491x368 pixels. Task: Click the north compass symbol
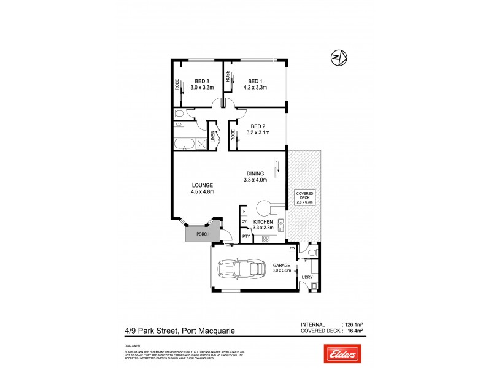338,58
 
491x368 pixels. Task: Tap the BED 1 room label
255,81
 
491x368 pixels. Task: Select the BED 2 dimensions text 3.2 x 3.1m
258,132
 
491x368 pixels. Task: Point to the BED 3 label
203,81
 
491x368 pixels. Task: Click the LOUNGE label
202,185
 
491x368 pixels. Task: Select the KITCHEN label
263,221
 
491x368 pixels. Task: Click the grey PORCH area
203,234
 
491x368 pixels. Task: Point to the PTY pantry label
245,236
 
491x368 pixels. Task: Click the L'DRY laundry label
306,277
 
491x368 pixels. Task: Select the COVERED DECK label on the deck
304,194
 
